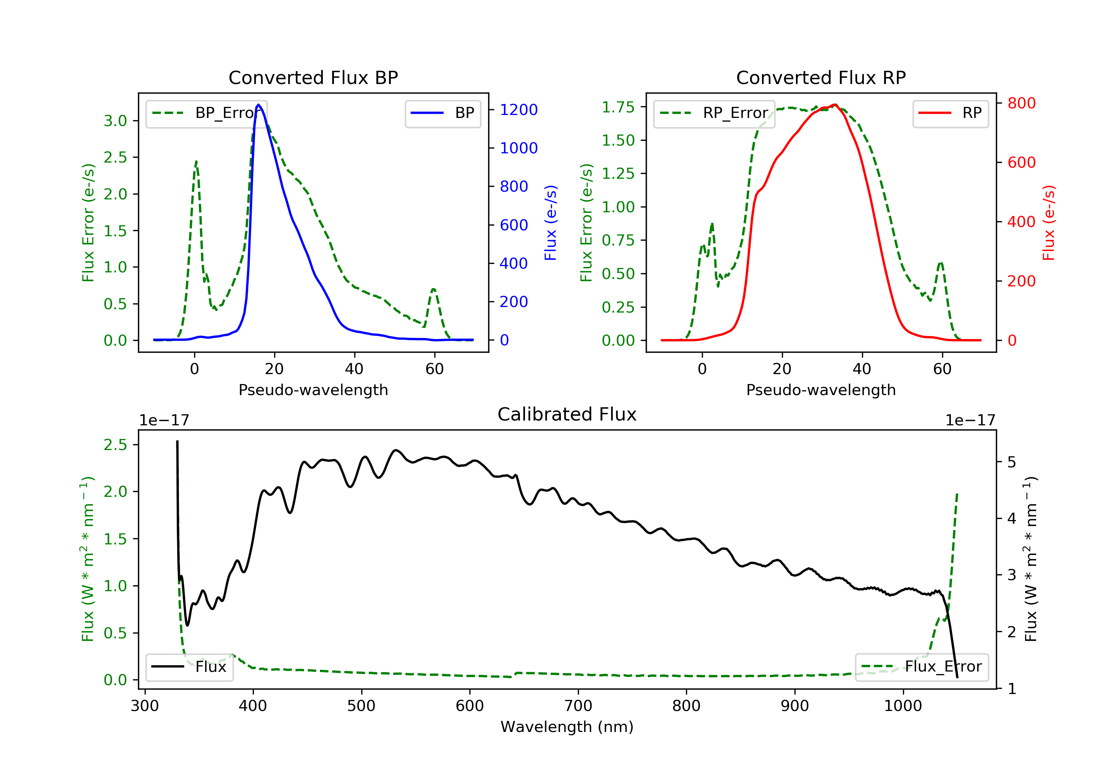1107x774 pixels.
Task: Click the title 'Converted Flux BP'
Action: (x=313, y=77)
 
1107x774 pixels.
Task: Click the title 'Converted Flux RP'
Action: (x=821, y=77)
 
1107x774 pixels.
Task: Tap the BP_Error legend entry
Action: (x=206, y=113)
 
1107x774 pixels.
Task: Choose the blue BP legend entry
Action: (x=442, y=113)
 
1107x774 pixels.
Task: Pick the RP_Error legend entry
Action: (x=714, y=113)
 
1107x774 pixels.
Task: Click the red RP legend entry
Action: (x=950, y=113)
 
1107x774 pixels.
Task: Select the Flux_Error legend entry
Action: (x=921, y=667)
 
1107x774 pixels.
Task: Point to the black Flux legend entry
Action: (x=190, y=667)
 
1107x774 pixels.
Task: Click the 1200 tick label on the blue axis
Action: (x=518, y=110)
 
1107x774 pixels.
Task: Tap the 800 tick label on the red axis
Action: (x=1021, y=103)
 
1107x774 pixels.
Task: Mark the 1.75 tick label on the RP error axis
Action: (x=618, y=107)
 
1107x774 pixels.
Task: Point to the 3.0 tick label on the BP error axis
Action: (x=115, y=121)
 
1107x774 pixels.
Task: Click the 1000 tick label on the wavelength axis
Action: (x=903, y=706)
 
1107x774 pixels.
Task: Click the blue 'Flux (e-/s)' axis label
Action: (x=551, y=223)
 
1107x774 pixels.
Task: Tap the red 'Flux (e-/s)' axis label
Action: (x=1049, y=223)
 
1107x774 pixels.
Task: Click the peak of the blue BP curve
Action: (x=259, y=105)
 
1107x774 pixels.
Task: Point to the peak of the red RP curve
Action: (x=835, y=105)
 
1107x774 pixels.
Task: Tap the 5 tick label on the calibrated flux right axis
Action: (x=1012, y=463)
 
